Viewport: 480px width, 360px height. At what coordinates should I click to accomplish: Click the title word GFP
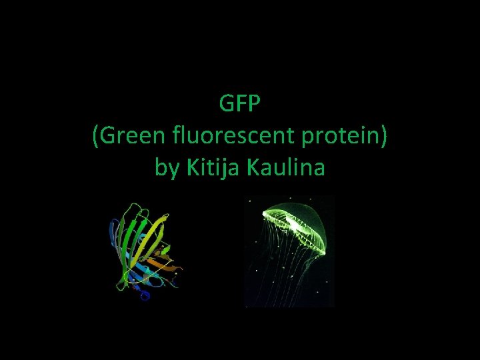[240, 105]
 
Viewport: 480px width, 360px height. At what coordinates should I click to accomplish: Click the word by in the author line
[167, 168]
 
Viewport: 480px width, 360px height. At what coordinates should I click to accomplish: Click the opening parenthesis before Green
[96, 137]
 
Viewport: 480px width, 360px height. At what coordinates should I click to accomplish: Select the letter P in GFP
[256, 105]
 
